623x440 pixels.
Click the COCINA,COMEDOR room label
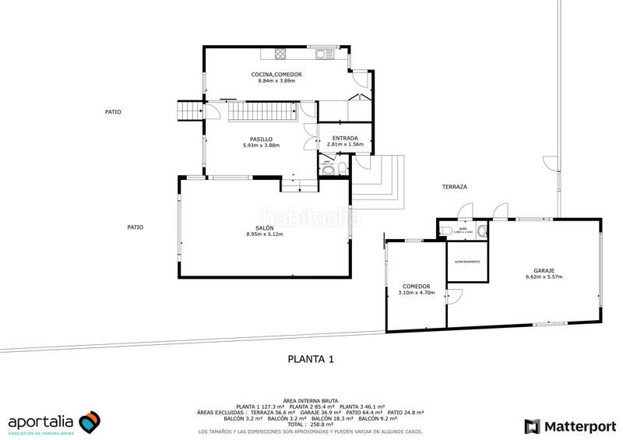276,74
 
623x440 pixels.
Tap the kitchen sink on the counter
320,54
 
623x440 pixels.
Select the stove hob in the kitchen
279,54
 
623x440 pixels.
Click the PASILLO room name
261,139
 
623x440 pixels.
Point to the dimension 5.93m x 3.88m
261,146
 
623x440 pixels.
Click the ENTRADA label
345,139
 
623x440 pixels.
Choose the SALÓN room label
264,227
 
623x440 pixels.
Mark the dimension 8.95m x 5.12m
264,234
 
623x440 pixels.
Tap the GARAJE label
544,269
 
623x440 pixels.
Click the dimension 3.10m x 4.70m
416,294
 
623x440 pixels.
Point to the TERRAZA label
454,187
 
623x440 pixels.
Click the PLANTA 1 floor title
311,359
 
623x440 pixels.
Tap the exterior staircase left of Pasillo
189,111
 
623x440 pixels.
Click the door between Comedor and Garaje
452,296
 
